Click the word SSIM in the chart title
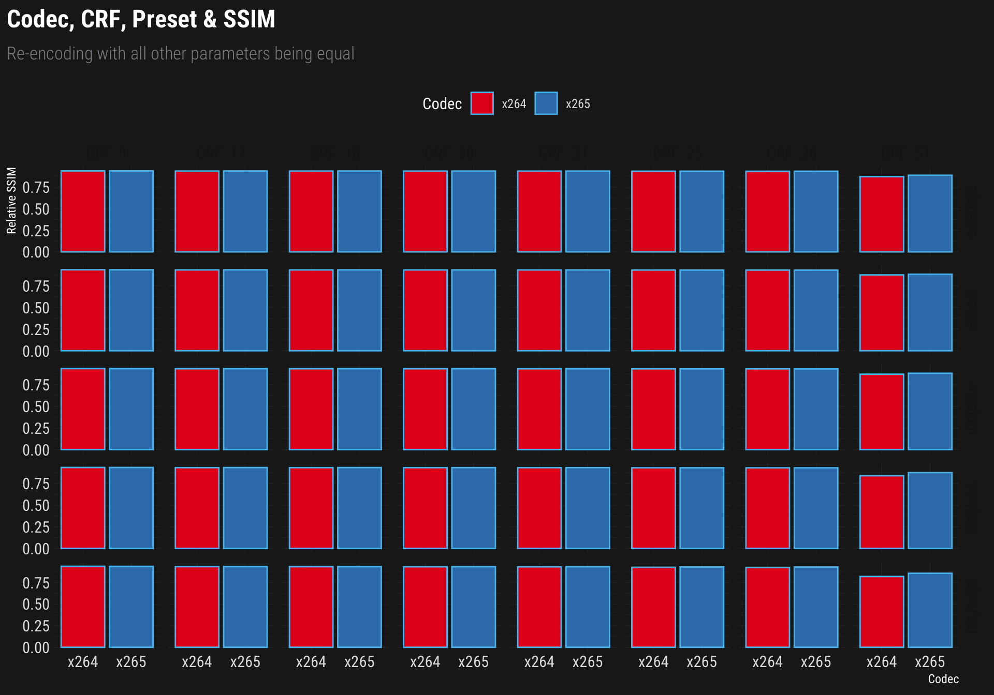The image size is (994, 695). pyautogui.click(x=249, y=20)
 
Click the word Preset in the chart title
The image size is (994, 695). pyautogui.click(x=165, y=20)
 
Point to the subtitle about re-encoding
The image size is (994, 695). pyautogui.click(x=181, y=54)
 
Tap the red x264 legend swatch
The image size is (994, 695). pyautogui.click(x=482, y=103)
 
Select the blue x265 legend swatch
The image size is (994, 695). pyautogui.click(x=546, y=103)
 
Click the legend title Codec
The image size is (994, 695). pyautogui.click(x=442, y=104)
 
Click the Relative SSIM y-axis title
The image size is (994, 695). pyautogui.click(x=11, y=201)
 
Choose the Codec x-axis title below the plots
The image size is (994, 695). pyautogui.click(x=943, y=679)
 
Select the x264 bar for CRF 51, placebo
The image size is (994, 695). pyautogui.click(x=882, y=215)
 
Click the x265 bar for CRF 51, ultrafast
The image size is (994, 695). pyautogui.click(x=930, y=610)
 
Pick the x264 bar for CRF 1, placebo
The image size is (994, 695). pyautogui.click(x=83, y=211)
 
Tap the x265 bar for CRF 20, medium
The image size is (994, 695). pyautogui.click(x=473, y=409)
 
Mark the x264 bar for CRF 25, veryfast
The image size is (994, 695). pyautogui.click(x=653, y=508)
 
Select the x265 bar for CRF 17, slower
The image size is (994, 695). pyautogui.click(x=245, y=310)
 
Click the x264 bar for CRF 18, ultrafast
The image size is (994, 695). pyautogui.click(x=311, y=607)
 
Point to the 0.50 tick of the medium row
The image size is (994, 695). pyautogui.click(x=36, y=407)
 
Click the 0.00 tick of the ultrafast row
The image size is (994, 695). pyautogui.click(x=36, y=648)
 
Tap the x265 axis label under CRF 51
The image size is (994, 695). pyautogui.click(x=930, y=662)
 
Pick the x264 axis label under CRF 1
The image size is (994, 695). pyautogui.click(x=83, y=662)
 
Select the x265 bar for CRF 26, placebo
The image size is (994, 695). pyautogui.click(x=816, y=211)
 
